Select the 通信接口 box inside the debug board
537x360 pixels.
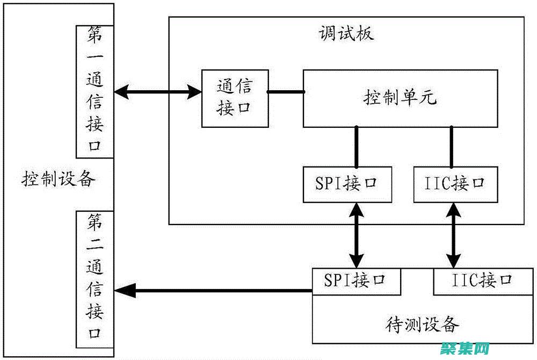(235, 98)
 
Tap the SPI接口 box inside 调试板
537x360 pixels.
(347, 184)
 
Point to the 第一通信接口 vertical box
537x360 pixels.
(95, 91)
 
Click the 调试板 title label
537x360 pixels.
(346, 33)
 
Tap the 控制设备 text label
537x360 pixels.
(58, 178)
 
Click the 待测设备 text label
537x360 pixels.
(423, 325)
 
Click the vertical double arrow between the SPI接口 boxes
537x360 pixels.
(355, 235)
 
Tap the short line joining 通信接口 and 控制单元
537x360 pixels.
(286, 92)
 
